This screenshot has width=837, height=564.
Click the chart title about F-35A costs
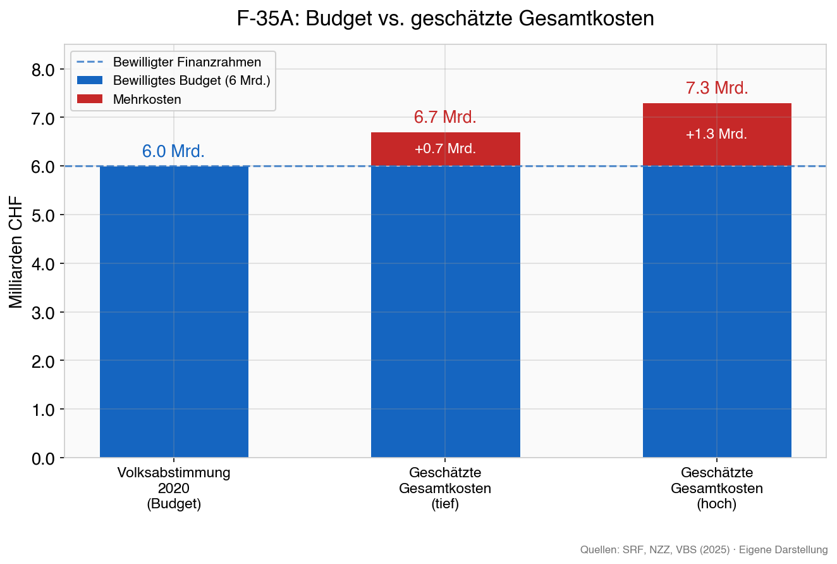tap(445, 19)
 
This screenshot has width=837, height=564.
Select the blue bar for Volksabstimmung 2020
tap(174, 311)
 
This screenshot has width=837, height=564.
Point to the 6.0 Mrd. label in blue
tap(173, 152)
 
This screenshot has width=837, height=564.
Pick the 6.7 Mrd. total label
tap(445, 118)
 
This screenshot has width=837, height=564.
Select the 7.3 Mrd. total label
tap(717, 89)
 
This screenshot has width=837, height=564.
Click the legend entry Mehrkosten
tap(147, 99)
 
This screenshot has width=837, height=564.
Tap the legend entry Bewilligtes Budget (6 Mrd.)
tap(192, 81)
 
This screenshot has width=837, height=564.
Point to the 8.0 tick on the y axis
tap(43, 70)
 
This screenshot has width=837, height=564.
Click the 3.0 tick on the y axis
tap(43, 312)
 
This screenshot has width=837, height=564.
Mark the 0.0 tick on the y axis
tap(43, 458)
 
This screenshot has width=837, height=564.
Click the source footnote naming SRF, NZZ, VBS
tap(704, 549)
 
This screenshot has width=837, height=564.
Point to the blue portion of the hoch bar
tap(716, 311)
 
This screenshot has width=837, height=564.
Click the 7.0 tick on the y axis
tap(43, 118)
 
